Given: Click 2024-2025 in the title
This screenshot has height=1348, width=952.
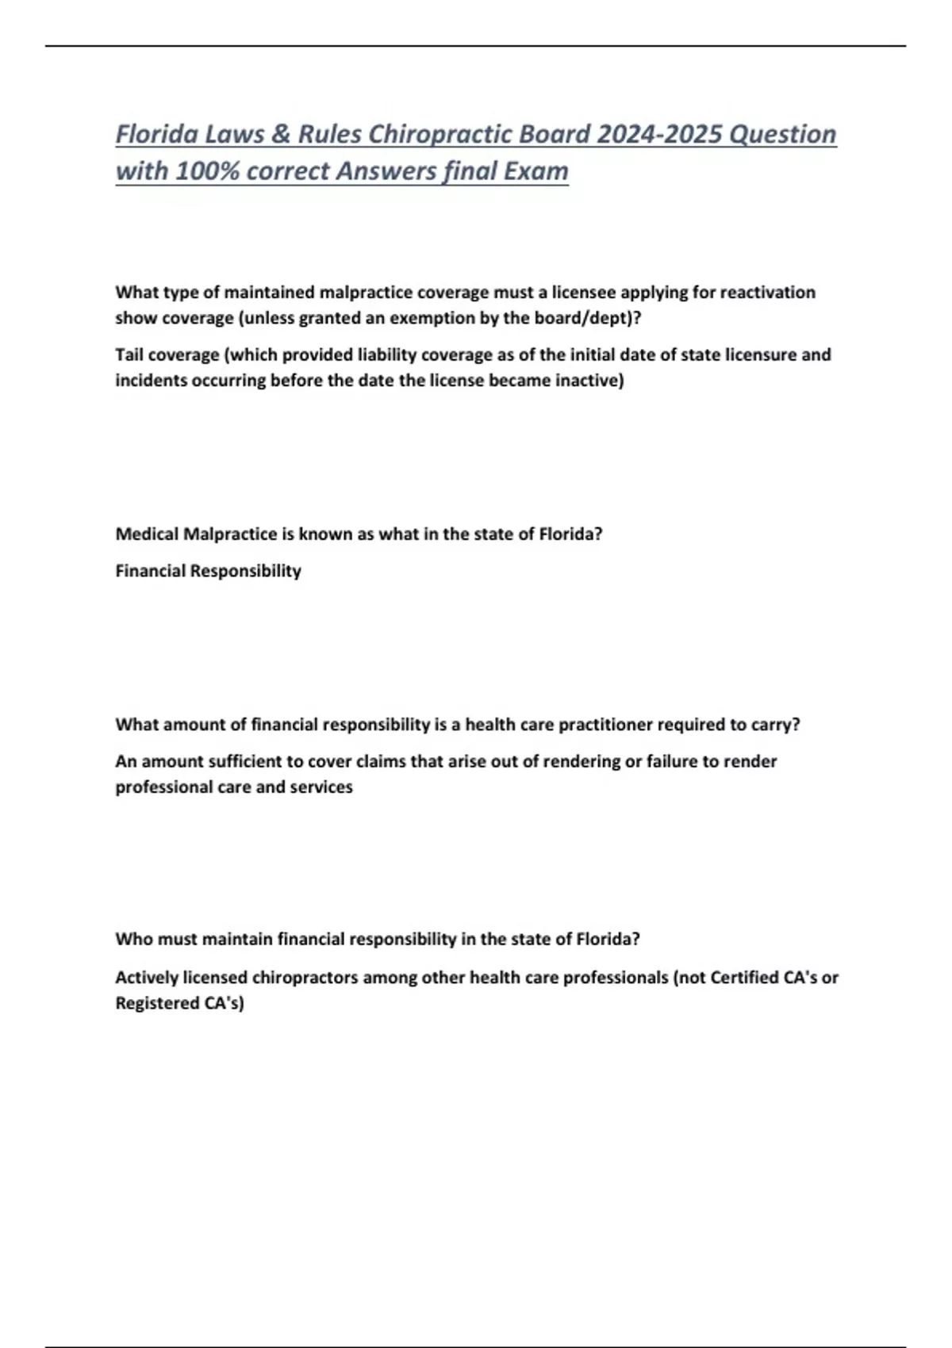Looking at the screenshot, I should pyautogui.click(x=658, y=134).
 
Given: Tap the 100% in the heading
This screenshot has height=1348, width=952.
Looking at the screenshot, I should pyautogui.click(x=207, y=170).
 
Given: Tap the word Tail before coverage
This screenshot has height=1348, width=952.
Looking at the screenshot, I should pyautogui.click(x=129, y=354).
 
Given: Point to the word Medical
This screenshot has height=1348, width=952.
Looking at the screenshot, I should pyautogui.click(x=147, y=534).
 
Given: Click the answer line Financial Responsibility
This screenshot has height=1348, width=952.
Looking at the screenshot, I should pyautogui.click(x=208, y=571).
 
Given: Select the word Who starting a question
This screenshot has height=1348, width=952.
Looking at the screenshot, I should pyautogui.click(x=133, y=939).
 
